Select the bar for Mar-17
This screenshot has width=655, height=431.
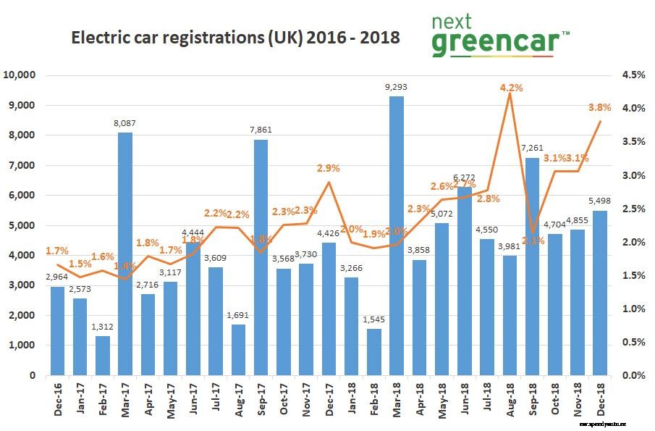[x=125, y=254]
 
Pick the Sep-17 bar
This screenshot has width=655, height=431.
[x=261, y=257]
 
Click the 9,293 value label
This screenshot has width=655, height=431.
[x=396, y=88]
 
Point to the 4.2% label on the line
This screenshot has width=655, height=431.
[x=510, y=88]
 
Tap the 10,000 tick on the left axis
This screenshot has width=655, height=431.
[x=21, y=75]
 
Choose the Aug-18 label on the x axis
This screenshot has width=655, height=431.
[x=510, y=399]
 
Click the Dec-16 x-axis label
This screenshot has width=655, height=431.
[x=58, y=399]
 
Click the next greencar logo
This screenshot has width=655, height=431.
[x=499, y=36]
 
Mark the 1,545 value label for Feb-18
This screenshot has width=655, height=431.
[x=373, y=319]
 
